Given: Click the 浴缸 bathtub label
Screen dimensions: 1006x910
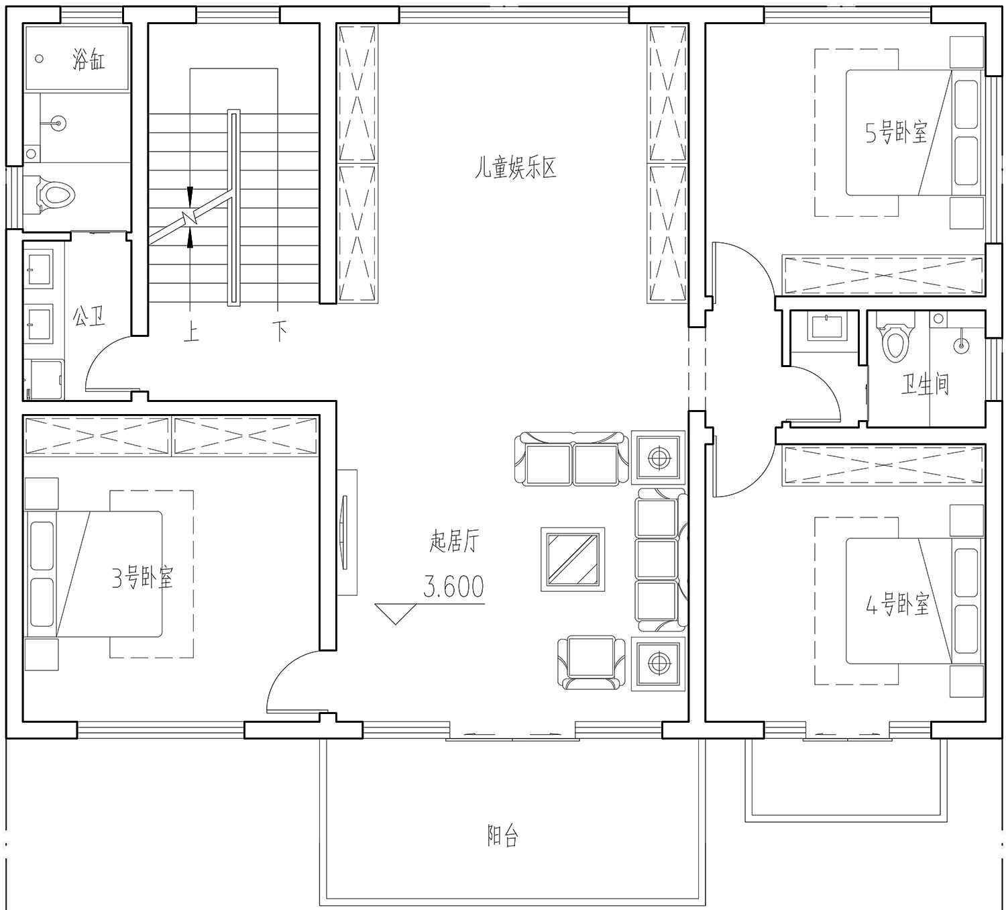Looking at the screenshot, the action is (x=89, y=60).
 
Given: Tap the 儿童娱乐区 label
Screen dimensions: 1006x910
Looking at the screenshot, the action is (x=516, y=168).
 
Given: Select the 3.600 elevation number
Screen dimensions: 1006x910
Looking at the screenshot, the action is (x=453, y=587).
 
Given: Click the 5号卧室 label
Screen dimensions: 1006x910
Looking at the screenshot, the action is (x=896, y=132).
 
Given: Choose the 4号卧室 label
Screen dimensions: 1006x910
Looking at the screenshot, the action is (x=897, y=604).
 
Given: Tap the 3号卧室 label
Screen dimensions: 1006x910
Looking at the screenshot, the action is (x=142, y=578).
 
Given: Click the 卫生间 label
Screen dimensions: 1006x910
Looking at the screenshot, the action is (x=926, y=384).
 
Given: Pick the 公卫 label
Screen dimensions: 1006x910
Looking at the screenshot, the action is (x=89, y=316).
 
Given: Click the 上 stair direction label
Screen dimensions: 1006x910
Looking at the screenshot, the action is (x=191, y=332).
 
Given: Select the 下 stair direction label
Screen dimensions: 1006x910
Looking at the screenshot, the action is (x=280, y=332).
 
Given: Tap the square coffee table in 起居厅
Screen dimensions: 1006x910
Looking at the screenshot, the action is (x=573, y=559).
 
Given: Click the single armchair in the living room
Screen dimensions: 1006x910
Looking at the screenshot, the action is (x=592, y=662).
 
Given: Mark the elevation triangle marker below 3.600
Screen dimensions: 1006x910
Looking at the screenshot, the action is (x=396, y=614).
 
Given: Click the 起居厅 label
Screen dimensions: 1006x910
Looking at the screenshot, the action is (x=454, y=542).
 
